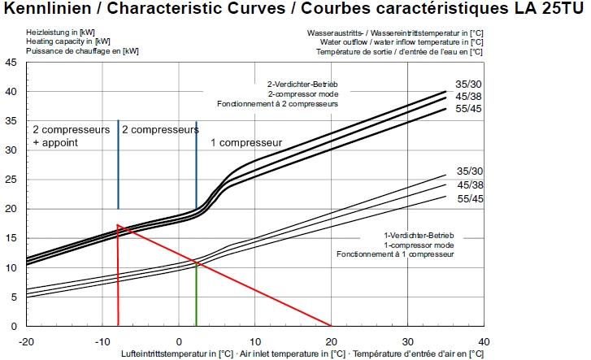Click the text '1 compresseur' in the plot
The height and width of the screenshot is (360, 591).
pos(246,142)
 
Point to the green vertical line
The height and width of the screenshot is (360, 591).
pos(196,293)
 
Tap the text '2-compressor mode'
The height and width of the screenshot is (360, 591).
pos(302,94)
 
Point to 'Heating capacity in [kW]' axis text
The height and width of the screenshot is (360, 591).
pos(69,40)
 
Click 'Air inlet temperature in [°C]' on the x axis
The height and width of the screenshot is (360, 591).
pos(293,353)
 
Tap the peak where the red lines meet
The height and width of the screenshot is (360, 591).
pos(118,225)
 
